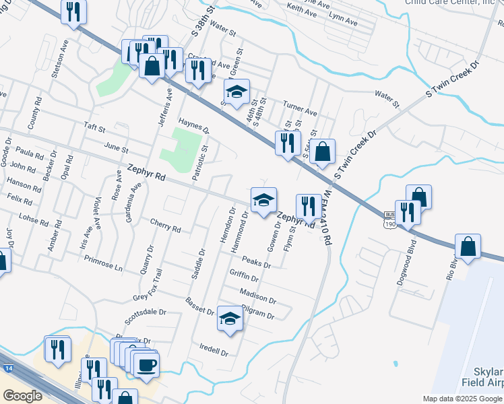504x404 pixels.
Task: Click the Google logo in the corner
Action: [x=22, y=396]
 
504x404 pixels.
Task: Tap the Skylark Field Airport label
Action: [x=482, y=378]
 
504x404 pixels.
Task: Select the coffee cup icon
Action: [x=146, y=366]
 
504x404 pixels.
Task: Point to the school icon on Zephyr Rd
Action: [x=263, y=199]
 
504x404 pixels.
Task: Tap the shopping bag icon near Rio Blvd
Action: [x=468, y=246]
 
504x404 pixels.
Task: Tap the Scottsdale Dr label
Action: [x=145, y=313]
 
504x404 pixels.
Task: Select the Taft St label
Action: [x=95, y=127]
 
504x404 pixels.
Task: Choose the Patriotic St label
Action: [x=199, y=162]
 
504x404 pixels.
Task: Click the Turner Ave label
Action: [x=300, y=111]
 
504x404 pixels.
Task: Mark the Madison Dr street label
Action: [x=258, y=296]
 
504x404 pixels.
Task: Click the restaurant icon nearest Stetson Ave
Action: [x=73, y=11]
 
